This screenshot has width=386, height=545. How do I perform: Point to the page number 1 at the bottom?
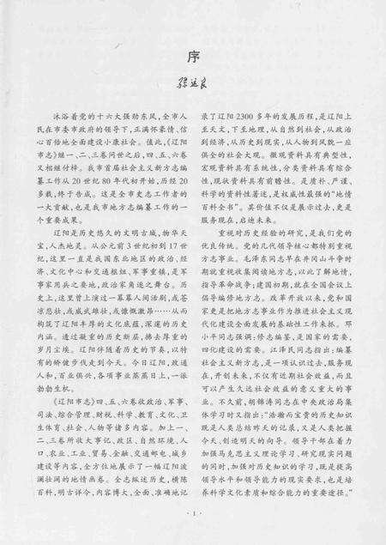(x=194, y=512)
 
